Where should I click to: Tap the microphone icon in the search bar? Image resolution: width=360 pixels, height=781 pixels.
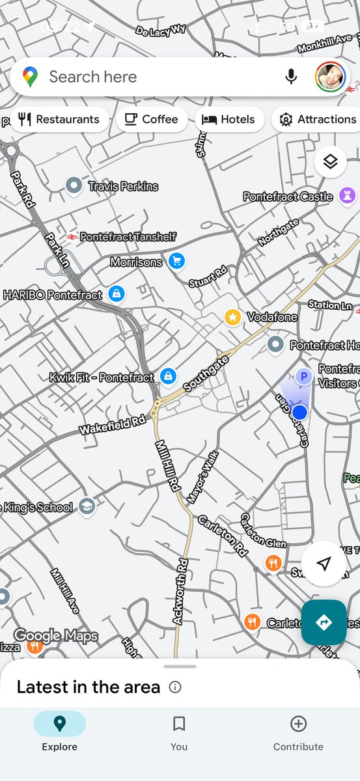coord(291,77)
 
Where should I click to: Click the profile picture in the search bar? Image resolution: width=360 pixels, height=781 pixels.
coord(330,77)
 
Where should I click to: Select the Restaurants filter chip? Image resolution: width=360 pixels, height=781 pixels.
coord(60,119)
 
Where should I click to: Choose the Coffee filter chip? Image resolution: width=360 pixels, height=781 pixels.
coord(151,119)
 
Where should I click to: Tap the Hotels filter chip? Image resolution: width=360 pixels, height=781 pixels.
coord(228,119)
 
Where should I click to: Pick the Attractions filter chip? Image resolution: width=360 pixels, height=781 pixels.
coord(318,119)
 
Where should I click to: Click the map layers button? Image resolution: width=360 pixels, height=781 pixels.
coord(330,162)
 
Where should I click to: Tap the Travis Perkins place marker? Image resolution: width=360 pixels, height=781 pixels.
coord(74,186)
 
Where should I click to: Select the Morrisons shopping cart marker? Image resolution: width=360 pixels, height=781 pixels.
coord(176,262)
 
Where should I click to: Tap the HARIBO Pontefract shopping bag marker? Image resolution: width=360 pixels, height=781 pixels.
coord(117,294)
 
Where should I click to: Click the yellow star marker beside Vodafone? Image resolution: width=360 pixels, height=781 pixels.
coord(232,317)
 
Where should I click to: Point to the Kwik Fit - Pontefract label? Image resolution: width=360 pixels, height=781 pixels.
coord(102,377)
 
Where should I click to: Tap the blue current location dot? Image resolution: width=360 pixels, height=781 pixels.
coord(299,412)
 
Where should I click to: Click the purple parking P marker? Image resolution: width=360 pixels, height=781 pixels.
coord(303,376)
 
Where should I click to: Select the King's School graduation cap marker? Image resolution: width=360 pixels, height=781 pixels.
coord(87,506)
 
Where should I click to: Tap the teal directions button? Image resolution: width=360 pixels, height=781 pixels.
coord(324,622)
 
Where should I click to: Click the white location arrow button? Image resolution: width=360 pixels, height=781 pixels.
coord(324,564)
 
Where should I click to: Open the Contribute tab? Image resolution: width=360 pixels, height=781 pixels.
coord(298,732)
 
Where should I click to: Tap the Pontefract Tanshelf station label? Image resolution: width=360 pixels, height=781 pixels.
coord(128,237)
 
